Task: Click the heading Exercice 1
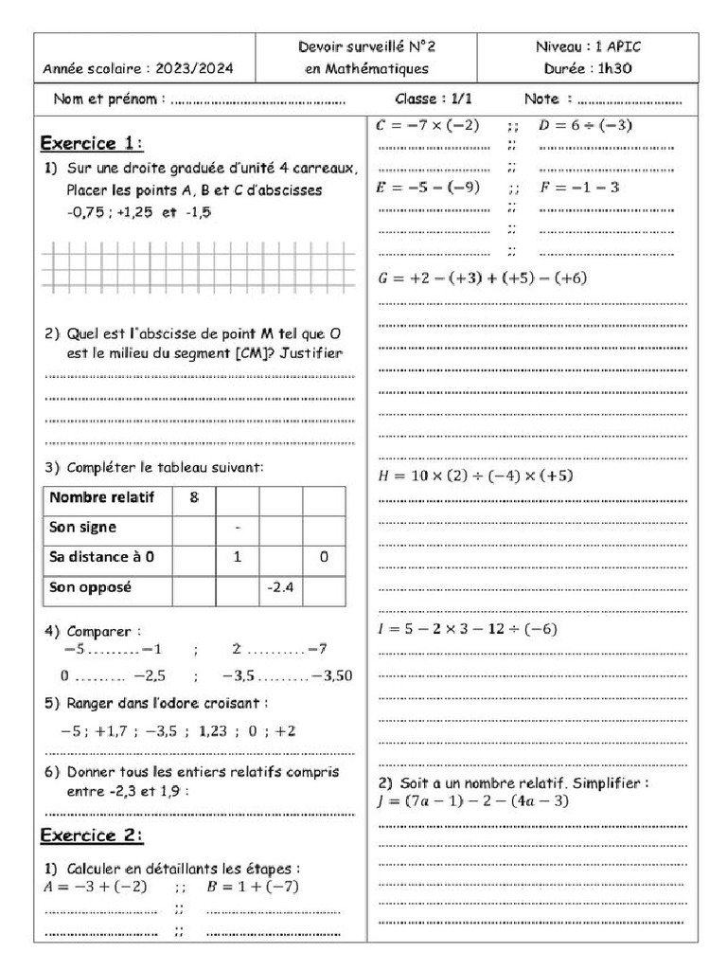(92, 143)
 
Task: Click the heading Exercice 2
(92, 835)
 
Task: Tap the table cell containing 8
(194, 497)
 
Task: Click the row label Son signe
(83, 527)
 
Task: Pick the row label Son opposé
(91, 587)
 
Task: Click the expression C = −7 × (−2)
(428, 125)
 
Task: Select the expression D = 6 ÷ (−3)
(585, 125)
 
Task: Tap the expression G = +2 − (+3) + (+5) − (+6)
(482, 278)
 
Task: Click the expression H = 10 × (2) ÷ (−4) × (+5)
(475, 475)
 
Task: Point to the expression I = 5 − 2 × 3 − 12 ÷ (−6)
(468, 629)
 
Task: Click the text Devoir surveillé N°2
(367, 45)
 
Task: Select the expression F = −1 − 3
(579, 188)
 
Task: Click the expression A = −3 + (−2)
(96, 887)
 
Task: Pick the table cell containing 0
(324, 558)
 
